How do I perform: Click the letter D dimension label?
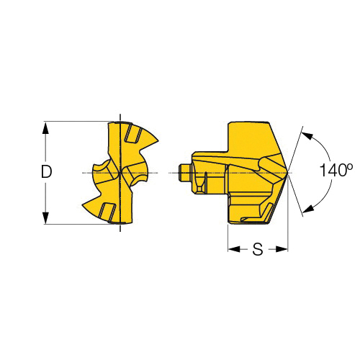[x=46, y=171]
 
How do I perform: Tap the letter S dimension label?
[x=258, y=249]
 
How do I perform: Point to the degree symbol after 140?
[x=349, y=166]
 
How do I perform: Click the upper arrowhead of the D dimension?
[x=45, y=127]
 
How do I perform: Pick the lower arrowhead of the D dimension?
[x=45, y=218]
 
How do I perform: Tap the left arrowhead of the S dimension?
[x=234, y=249]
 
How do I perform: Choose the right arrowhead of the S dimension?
[x=282, y=249]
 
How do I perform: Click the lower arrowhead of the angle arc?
[x=307, y=208]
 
